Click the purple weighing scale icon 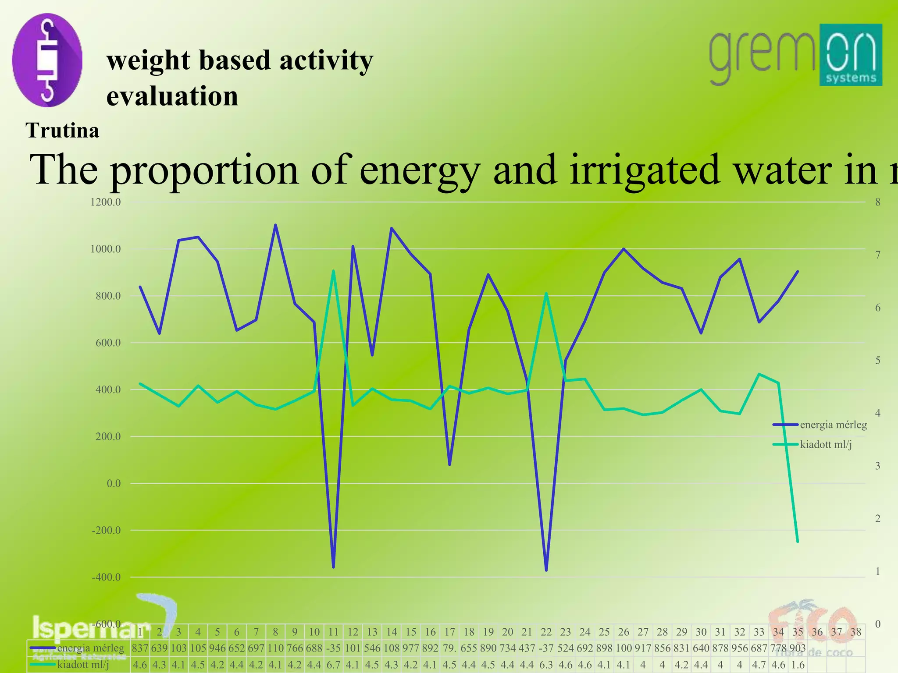tap(47, 60)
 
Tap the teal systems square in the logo tap(850, 55)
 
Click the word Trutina tap(63, 131)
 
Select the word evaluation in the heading tap(172, 96)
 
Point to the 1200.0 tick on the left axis tap(106, 202)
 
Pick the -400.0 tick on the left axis tap(106, 577)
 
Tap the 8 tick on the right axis tap(877, 202)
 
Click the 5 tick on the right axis tap(877, 361)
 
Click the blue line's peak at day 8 tap(275, 225)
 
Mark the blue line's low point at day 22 tap(546, 570)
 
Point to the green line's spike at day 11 tap(333, 271)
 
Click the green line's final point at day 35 tap(798, 542)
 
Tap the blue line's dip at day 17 tap(449, 464)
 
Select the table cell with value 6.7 tap(333, 665)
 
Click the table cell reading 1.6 tap(798, 665)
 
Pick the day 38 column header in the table tap(855, 632)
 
